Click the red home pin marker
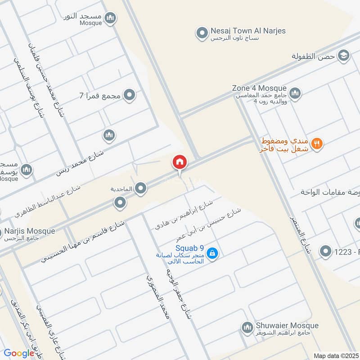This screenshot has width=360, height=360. [x=180, y=162]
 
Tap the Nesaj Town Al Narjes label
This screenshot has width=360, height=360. [x=248, y=31]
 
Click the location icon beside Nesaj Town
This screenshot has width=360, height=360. [x=201, y=32]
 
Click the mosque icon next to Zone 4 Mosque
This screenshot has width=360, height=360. [x=295, y=94]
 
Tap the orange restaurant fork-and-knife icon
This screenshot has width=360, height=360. [x=317, y=144]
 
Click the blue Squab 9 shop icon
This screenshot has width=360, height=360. [x=213, y=254]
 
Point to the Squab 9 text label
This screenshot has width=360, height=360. [x=190, y=247]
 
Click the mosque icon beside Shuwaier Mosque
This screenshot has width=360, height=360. [x=247, y=328]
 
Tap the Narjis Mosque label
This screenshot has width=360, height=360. [x=30, y=231]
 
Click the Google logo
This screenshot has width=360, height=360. [x=19, y=353]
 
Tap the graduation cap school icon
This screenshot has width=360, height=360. [x=344, y=55]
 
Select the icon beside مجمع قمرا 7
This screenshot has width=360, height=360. [x=130, y=95]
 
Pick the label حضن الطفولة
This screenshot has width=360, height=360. [x=314, y=56]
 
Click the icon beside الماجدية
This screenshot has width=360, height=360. [x=141, y=189]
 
